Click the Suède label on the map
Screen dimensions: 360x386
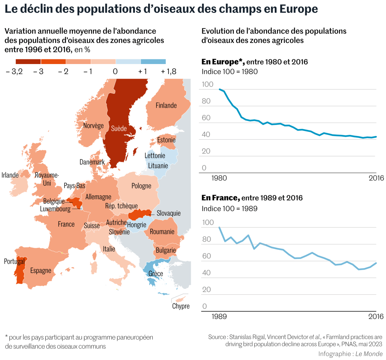click(x=119, y=128)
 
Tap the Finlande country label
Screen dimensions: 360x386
click(x=166, y=105)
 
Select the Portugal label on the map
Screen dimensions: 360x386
click(x=14, y=261)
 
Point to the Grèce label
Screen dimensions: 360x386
click(x=156, y=273)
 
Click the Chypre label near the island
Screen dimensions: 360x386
click(x=181, y=306)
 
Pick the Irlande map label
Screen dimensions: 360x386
click(x=10, y=175)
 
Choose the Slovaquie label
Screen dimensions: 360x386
click(x=168, y=213)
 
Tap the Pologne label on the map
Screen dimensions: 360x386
click(x=141, y=186)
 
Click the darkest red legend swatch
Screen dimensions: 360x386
click(x=28, y=61)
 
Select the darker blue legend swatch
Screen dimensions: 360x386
click(x=153, y=61)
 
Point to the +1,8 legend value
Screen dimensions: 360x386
click(x=168, y=72)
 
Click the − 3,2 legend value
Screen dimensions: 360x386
click(x=14, y=72)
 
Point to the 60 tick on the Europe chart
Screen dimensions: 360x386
click(x=206, y=118)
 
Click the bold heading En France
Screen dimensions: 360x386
click(x=221, y=198)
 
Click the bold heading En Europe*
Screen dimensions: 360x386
click(x=223, y=62)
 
